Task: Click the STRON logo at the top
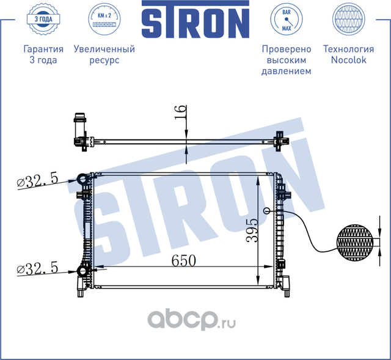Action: click(195, 22)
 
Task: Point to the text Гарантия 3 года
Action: click(43, 55)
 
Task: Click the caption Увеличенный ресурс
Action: click(103, 55)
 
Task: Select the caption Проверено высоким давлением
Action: click(286, 60)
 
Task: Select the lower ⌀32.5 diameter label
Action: click(38, 268)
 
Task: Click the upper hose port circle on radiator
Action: click(82, 179)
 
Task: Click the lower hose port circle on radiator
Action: click(82, 271)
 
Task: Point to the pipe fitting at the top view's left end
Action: click(79, 122)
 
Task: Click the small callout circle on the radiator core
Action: click(266, 211)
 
